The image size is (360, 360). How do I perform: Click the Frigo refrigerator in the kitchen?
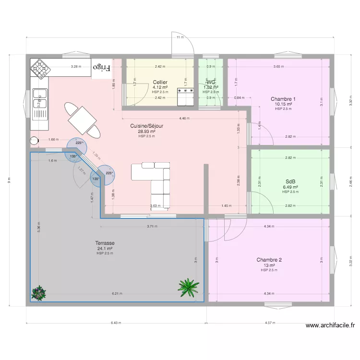click(101, 68)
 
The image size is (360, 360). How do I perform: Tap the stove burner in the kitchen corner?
click(40, 69)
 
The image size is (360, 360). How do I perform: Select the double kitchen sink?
click(39, 99)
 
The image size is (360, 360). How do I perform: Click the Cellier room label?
click(160, 82)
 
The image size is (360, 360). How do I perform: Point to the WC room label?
click(211, 82)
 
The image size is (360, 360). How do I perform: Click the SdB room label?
click(290, 181)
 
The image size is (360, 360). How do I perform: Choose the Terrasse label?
click(105, 243)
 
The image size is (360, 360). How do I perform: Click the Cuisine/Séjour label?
click(146, 126)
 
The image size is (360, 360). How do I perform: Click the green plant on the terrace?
click(188, 287)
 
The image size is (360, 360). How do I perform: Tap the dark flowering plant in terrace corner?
click(38, 292)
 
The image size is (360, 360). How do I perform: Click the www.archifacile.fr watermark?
click(330, 325)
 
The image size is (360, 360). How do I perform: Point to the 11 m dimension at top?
click(180, 37)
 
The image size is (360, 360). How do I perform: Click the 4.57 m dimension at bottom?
click(270, 323)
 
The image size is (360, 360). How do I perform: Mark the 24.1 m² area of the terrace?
click(105, 249)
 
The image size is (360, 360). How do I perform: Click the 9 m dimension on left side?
click(9, 180)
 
